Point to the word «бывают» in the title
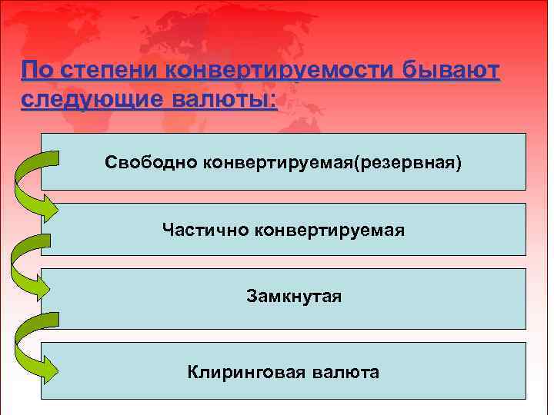[x=450, y=71]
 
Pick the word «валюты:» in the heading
[x=223, y=101]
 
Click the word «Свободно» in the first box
[x=152, y=163]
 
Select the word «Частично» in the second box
[x=202, y=229]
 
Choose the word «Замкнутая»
[x=294, y=295]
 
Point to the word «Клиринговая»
[x=248, y=373]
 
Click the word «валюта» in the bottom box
[x=347, y=373]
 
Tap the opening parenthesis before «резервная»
[x=353, y=163]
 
